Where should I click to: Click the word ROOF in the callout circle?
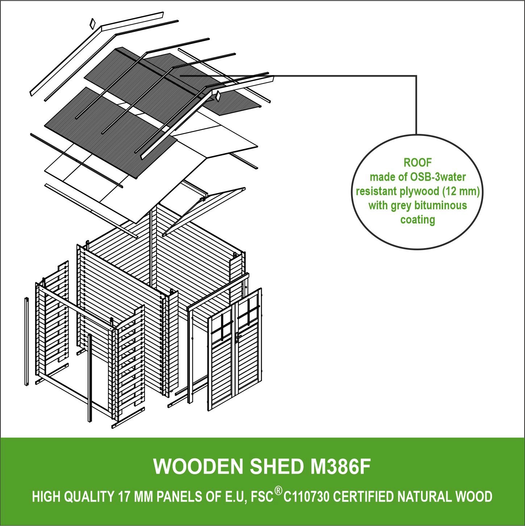pyautogui.click(x=417, y=163)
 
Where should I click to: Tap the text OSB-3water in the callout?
pyautogui.click(x=438, y=177)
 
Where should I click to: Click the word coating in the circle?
pyautogui.click(x=417, y=220)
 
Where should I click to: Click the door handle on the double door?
pyautogui.click(x=238, y=336)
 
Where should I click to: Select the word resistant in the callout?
pyautogui.click(x=377, y=191)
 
